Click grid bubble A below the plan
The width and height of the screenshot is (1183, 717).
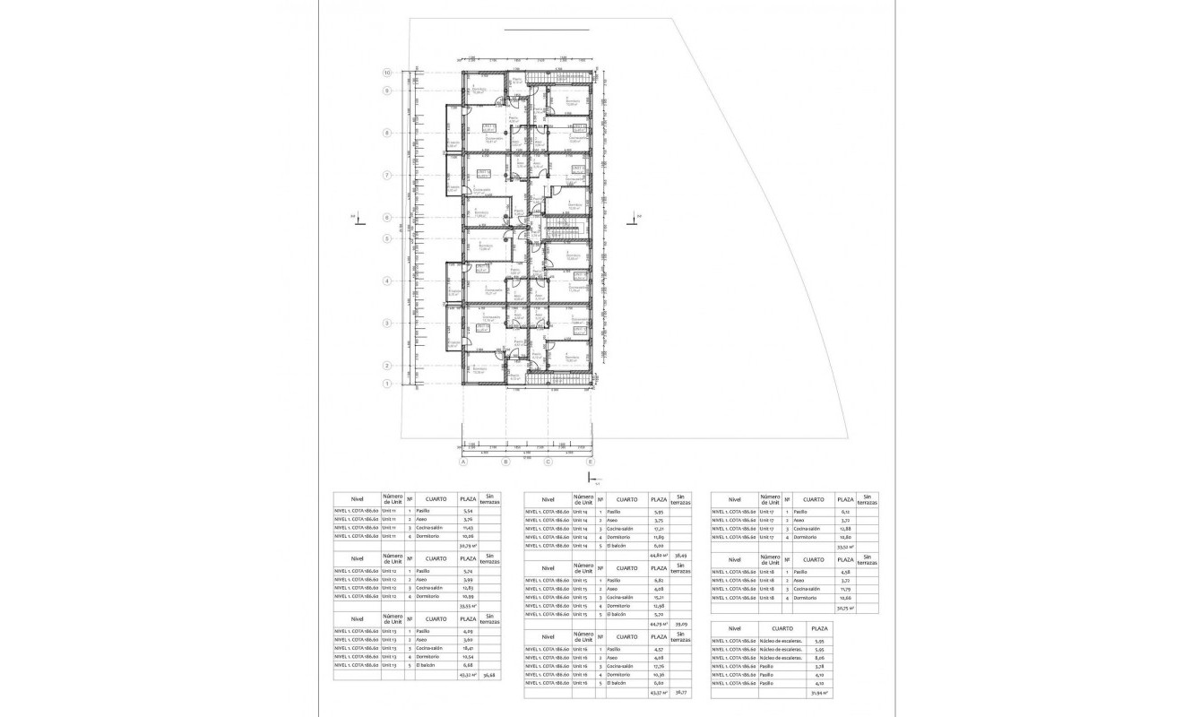(463, 462)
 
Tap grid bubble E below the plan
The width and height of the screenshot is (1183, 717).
(590, 462)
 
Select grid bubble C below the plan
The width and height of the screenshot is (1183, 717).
(548, 462)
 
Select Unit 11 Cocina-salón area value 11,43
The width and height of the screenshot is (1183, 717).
(466, 528)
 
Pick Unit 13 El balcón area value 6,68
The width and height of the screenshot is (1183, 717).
(466, 665)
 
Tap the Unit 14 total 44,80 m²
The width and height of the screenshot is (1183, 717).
(658, 556)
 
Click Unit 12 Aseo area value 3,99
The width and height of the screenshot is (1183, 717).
(466, 579)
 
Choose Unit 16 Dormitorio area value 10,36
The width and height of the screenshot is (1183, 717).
(658, 674)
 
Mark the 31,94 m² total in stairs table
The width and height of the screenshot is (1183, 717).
(818, 693)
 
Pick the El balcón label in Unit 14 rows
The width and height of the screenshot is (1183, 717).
(616, 545)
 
